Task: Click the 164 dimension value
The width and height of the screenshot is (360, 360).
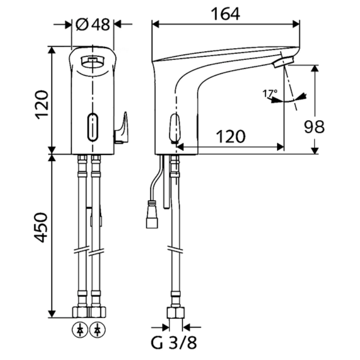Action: (x=225, y=14)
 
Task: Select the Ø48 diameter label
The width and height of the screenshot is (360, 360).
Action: (x=93, y=25)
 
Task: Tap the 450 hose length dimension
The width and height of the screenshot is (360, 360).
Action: (x=41, y=227)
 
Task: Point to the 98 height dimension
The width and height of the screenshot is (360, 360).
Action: (x=314, y=126)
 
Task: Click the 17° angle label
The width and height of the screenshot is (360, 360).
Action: (x=270, y=94)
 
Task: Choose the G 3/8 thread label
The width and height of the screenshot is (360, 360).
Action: (x=174, y=343)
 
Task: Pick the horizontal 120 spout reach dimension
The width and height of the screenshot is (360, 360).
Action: (x=231, y=136)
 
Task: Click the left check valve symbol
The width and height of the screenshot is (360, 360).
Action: (x=80, y=330)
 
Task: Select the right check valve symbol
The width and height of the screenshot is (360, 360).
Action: (x=97, y=330)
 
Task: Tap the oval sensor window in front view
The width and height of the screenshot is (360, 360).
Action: (x=93, y=127)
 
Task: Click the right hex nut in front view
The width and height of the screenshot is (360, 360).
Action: (x=98, y=312)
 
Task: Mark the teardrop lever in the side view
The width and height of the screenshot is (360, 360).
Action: (x=175, y=128)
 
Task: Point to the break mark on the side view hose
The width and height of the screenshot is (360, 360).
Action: (x=175, y=250)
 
